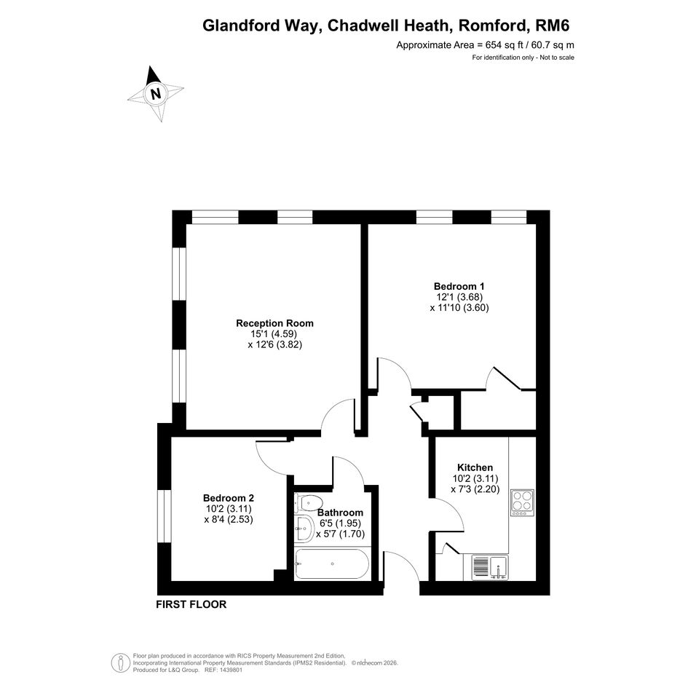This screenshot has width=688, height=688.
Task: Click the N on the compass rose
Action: click(155, 94)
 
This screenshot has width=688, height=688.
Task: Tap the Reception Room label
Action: click(274, 323)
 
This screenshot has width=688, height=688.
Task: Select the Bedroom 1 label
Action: click(459, 287)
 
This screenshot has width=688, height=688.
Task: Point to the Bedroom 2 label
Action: click(229, 498)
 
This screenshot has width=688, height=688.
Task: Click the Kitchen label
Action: click(475, 467)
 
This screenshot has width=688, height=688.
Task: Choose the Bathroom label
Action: click(340, 513)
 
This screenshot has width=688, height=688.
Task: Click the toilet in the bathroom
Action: click(309, 502)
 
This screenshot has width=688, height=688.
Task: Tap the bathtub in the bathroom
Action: click(332, 564)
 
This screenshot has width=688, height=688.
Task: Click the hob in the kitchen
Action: click(522, 502)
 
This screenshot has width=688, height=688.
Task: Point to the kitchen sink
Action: click(491, 568)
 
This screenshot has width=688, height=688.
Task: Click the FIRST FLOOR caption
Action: click(191, 604)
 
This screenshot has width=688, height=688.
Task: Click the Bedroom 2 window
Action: click(164, 516)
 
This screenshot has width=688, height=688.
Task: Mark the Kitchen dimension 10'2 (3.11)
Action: click(475, 478)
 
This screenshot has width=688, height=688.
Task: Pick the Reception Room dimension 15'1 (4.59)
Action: click(274, 334)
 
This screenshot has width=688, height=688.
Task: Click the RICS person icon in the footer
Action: click(120, 663)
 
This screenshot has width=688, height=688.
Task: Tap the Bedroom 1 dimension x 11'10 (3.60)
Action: click(459, 307)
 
